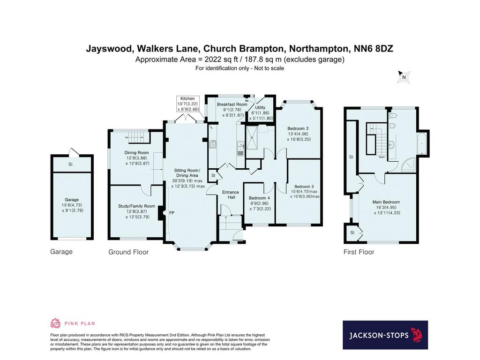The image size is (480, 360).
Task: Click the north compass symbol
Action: click(404, 77)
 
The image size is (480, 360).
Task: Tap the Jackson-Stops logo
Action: click(385, 335)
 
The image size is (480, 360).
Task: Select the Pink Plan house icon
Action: click(55, 323)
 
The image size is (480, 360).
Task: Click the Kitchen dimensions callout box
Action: click(187, 104)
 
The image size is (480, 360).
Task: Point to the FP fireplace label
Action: click(172, 212)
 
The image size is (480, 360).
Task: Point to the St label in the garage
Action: click(70, 165)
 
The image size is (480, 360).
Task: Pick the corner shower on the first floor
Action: click(408, 165)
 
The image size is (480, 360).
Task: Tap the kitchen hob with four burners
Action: click(212, 144)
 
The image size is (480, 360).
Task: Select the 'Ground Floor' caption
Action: click(128, 252)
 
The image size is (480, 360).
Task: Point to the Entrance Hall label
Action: click(231, 195)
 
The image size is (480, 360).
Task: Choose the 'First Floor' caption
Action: click(359, 252)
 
